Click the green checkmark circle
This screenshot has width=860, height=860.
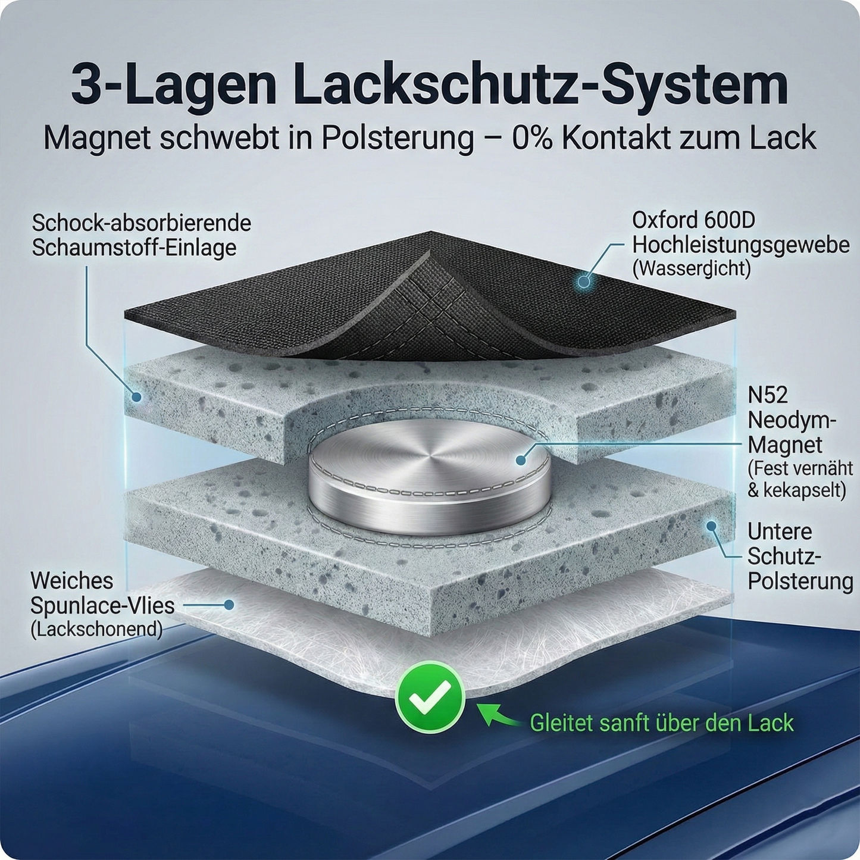coord(430,697)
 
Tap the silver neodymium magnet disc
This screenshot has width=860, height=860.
coord(429,476)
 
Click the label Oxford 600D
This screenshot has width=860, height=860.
coord(693,220)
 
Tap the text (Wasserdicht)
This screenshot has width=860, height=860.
coord(691,268)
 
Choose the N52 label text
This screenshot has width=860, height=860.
coord(768,395)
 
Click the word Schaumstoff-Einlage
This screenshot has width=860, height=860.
coord(134,248)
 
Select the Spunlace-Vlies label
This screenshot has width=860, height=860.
coord(102,605)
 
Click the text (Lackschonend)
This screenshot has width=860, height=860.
coord(96,629)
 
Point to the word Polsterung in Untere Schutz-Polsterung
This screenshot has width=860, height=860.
coord(800,581)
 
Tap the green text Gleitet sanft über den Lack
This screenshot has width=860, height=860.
coord(661,723)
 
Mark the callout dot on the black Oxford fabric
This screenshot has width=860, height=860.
coord(584,281)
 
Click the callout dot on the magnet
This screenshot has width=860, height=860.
coord(521,459)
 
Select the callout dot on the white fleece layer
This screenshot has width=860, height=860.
coord(229,605)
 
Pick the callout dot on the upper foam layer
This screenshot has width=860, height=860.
coord(136,396)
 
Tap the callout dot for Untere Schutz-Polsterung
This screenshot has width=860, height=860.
coord(711,526)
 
